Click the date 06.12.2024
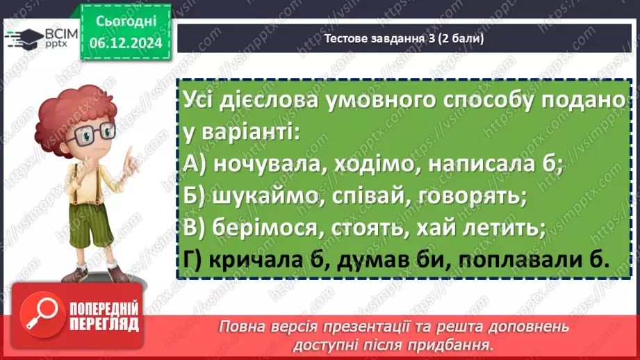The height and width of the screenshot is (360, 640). point(126,43)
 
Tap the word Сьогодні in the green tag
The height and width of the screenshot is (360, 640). point(126,22)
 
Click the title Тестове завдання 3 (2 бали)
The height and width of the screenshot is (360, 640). point(404,38)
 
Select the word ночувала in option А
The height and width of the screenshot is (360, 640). point(270,164)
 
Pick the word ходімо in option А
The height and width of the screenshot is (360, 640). point(377,164)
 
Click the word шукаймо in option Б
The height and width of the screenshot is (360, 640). point(265,196)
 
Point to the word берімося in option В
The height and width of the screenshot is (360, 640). point(265,228)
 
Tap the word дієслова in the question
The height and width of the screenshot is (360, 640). point(268,99)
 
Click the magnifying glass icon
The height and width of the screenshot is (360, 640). point(42,315)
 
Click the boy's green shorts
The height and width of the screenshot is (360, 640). point(90,224)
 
